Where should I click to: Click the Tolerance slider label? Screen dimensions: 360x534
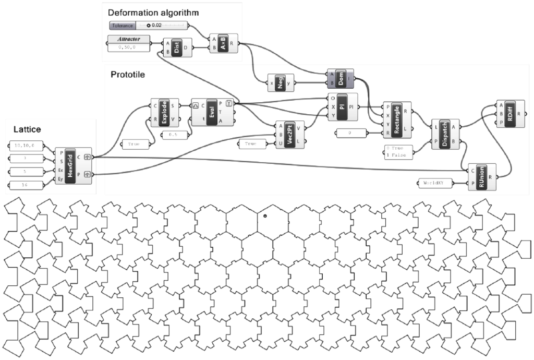(122, 25)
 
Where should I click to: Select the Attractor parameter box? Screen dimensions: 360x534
(128, 39)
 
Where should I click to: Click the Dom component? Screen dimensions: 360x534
(341, 79)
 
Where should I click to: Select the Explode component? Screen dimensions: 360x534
(164, 112)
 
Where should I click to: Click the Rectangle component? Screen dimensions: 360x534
(397, 117)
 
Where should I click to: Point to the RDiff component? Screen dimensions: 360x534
(508, 113)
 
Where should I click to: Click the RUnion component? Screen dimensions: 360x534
(483, 177)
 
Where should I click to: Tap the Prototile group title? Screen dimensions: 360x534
(128, 75)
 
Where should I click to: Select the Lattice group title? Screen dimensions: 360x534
(28, 129)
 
